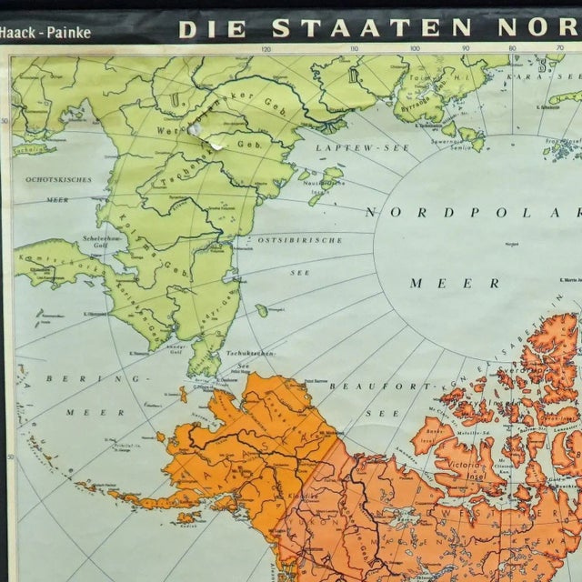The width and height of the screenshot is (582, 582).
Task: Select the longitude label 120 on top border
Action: click(266, 50)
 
